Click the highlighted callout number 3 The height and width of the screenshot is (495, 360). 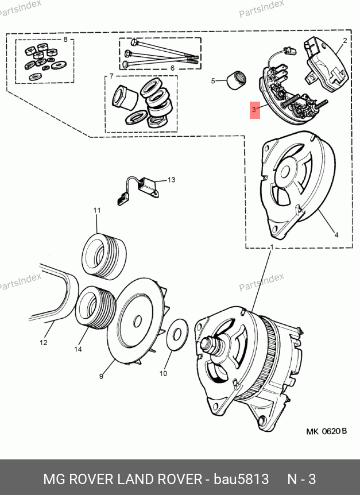254,110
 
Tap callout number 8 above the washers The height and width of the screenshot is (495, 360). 65,40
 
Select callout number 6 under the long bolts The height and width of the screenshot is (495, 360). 172,68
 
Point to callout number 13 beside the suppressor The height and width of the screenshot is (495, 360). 171,180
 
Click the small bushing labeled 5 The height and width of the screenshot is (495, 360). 237,81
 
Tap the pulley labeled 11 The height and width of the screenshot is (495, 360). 104,256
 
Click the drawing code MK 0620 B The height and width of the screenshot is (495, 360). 327,431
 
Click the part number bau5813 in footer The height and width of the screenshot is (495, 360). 241,479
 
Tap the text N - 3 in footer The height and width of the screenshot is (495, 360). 301,479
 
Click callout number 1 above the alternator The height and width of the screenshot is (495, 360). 271,247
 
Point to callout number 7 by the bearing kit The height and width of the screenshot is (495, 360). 111,76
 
